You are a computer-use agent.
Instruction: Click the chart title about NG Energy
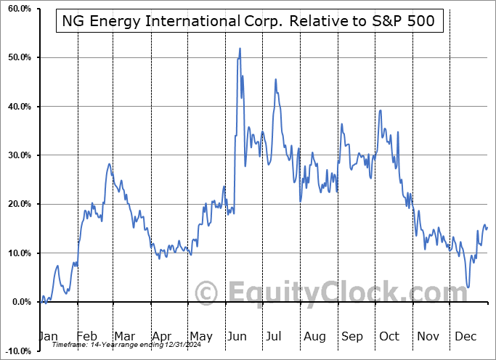[x=248, y=20]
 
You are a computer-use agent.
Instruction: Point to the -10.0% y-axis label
[x=16, y=351]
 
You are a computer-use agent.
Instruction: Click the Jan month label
[x=48, y=336]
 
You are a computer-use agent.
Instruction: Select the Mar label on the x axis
[x=124, y=336]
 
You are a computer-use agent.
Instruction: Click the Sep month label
[x=352, y=336]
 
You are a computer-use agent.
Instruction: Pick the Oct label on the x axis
[x=390, y=336]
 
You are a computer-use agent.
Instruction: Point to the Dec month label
[x=466, y=336]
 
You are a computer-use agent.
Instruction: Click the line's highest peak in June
[x=240, y=49]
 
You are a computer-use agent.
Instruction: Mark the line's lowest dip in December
[x=468, y=287]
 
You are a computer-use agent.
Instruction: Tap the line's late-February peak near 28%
[x=109, y=164]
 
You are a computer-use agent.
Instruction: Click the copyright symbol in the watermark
[x=207, y=292]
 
